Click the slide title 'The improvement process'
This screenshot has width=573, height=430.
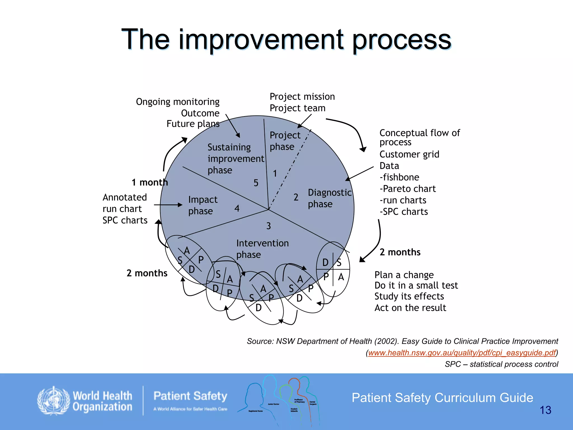286,39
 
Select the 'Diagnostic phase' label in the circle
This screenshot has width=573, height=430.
329,198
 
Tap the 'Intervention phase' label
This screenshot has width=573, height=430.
262,249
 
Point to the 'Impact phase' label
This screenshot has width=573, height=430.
203,205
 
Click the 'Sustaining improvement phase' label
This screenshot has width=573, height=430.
236,159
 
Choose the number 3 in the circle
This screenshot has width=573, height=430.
269,226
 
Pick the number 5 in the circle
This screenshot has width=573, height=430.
256,183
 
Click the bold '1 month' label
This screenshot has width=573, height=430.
150,183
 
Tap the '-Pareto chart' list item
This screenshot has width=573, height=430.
408,189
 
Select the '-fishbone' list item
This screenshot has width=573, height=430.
399,177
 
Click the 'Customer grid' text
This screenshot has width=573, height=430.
409,154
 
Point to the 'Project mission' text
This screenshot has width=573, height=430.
302,97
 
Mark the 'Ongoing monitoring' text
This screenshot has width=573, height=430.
178,102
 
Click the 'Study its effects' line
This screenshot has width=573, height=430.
409,296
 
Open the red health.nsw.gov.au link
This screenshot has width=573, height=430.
462,353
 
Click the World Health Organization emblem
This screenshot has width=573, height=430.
53,401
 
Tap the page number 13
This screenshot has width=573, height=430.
545,410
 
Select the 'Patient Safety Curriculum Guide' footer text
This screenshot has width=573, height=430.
442,398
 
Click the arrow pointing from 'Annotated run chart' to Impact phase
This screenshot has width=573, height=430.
168,205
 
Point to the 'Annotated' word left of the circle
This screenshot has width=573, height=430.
125,197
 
